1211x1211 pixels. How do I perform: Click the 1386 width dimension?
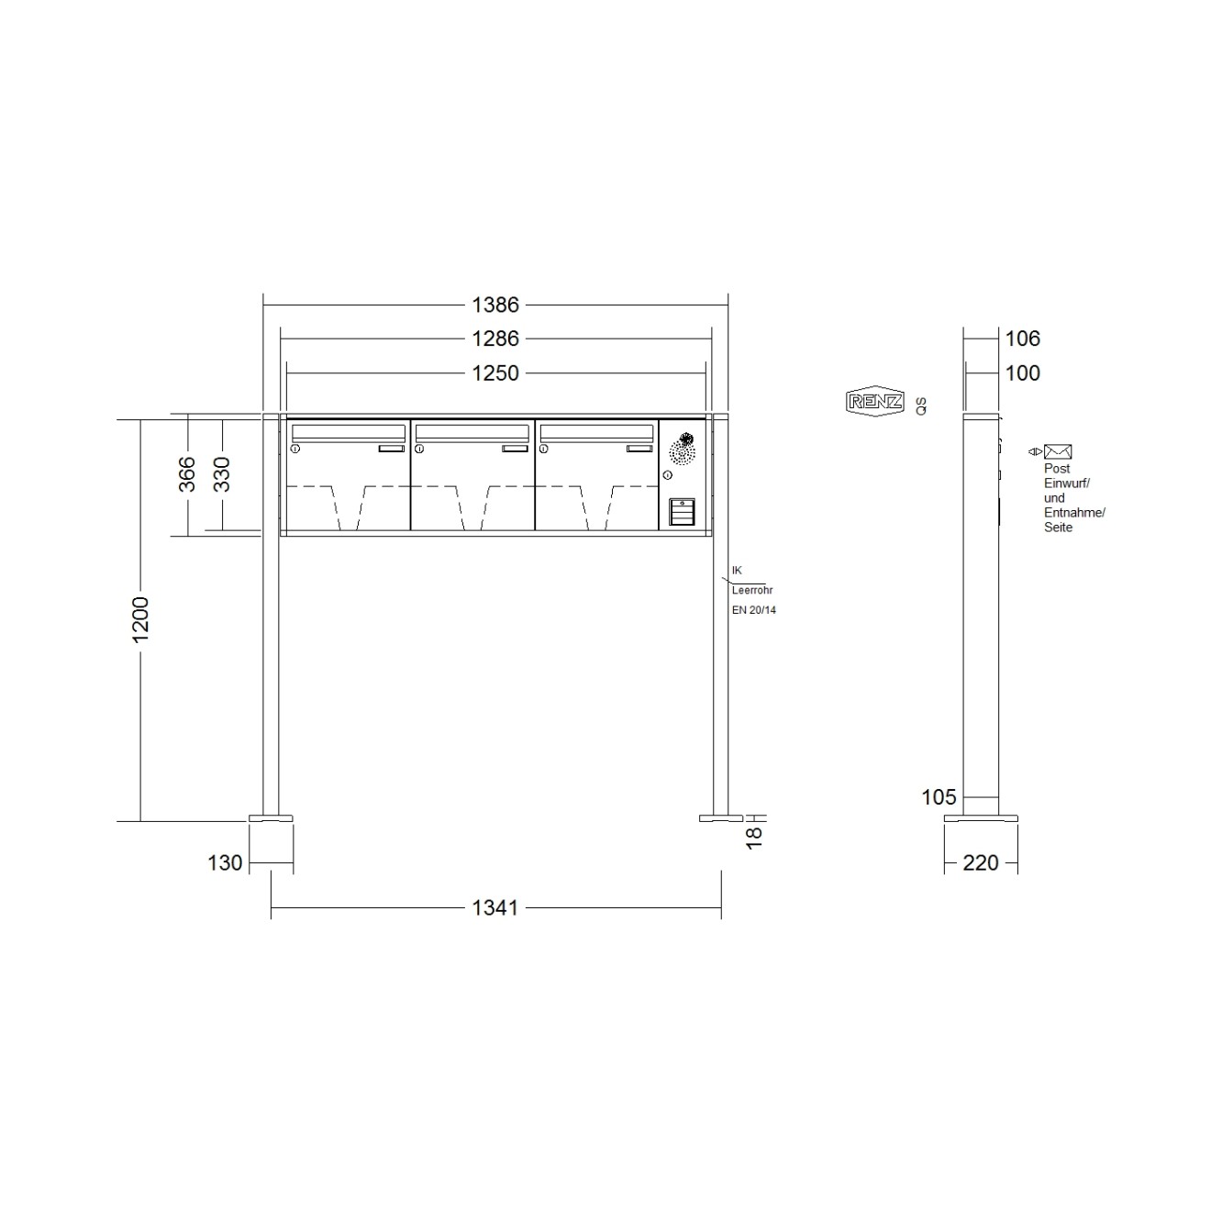495,306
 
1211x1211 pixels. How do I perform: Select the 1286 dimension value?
495,339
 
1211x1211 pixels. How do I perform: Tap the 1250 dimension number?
495,374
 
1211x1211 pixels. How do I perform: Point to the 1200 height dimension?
140,619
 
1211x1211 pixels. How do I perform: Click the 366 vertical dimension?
187,474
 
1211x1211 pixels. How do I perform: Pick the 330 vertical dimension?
222,474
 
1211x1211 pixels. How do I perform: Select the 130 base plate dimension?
225,863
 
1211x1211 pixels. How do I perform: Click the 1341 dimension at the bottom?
495,908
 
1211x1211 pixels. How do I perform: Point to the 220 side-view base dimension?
981,863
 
